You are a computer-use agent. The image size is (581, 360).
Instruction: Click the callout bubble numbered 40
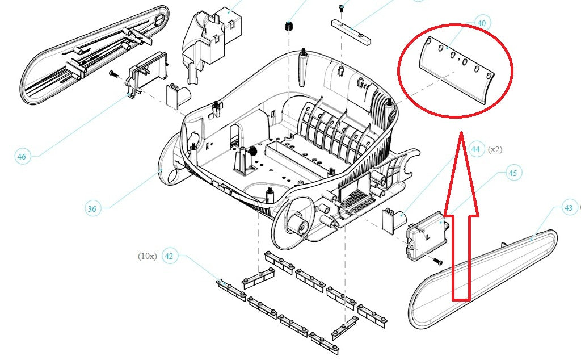[482, 24]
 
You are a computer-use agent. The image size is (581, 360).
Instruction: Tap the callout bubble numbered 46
[22, 157]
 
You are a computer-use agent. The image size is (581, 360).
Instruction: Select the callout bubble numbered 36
[92, 208]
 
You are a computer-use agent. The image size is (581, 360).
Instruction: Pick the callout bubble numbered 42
[169, 256]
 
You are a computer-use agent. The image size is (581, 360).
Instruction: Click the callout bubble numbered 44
[475, 149]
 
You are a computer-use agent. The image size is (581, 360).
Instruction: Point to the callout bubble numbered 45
[513, 173]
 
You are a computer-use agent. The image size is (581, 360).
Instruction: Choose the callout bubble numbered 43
[568, 208]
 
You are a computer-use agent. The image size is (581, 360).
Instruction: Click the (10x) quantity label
[147, 256]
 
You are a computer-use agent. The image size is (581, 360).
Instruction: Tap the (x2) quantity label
[494, 149]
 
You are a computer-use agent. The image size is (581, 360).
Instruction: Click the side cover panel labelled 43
[482, 278]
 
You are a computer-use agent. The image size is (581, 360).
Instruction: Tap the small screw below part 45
[437, 261]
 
